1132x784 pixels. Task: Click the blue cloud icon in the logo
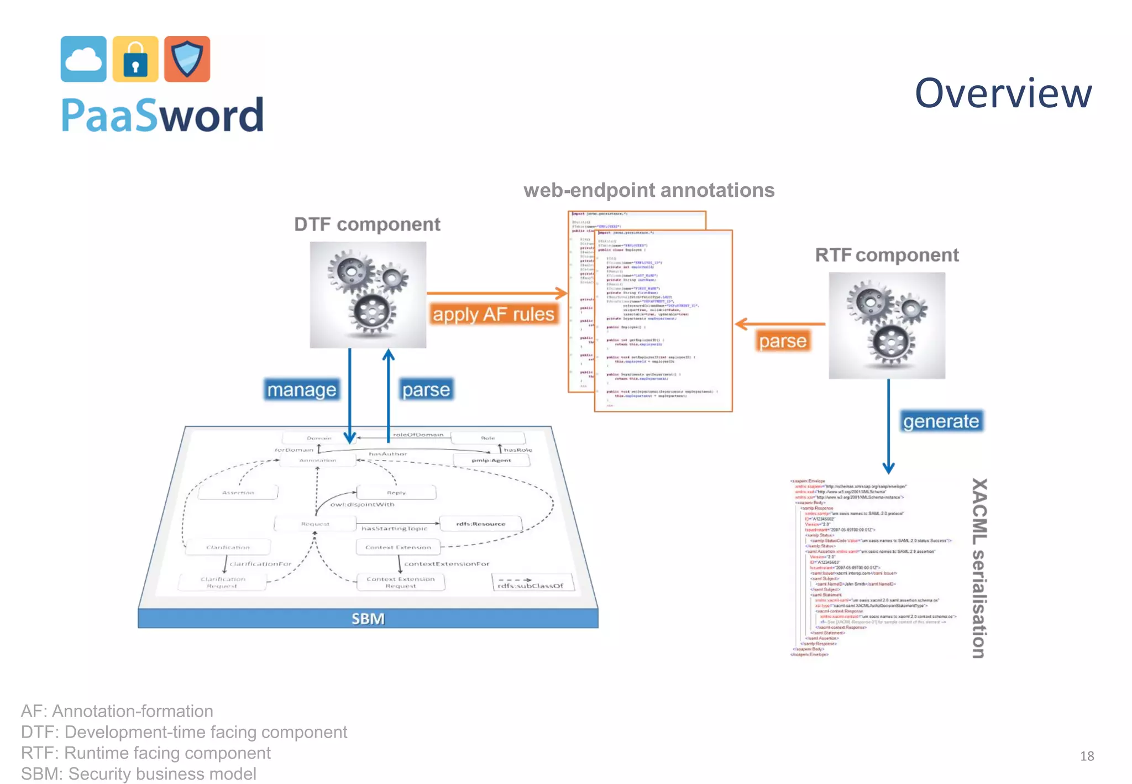[x=83, y=59]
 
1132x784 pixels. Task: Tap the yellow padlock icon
[x=135, y=59]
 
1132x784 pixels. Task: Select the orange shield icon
[x=187, y=59]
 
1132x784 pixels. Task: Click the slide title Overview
[x=1003, y=93]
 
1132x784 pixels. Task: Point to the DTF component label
[x=367, y=224]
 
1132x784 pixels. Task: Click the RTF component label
[x=887, y=255]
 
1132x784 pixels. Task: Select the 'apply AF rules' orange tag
[x=493, y=314]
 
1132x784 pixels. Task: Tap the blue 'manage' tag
[x=302, y=390]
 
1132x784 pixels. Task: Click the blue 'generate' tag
[x=941, y=421]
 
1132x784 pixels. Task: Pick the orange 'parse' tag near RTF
[x=782, y=341]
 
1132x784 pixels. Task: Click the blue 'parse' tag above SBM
[x=426, y=390]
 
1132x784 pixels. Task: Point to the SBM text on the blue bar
[x=368, y=619]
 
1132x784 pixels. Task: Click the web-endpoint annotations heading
[x=649, y=190]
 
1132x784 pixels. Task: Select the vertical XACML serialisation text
[x=978, y=568]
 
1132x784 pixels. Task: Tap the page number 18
[x=1087, y=756]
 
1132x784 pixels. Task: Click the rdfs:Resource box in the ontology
[x=480, y=523]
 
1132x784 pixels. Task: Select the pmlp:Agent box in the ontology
[x=491, y=460]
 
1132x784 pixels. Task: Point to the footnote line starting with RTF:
[x=146, y=753]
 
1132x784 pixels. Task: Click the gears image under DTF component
[x=368, y=295]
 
